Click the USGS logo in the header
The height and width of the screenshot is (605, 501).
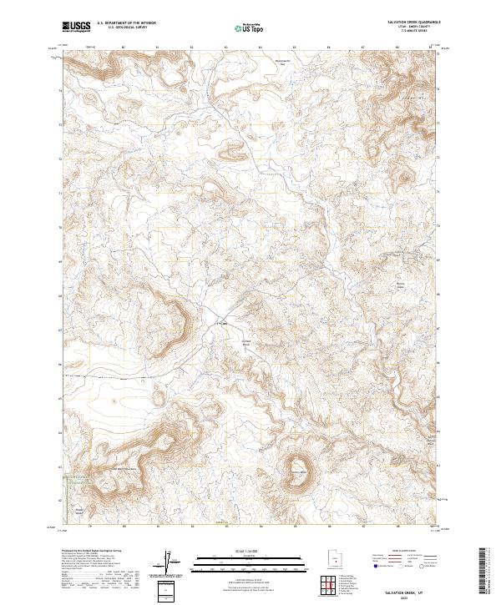(76, 27)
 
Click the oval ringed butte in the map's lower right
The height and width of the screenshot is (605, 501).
(298, 468)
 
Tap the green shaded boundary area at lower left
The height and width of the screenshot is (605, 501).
(75, 479)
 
